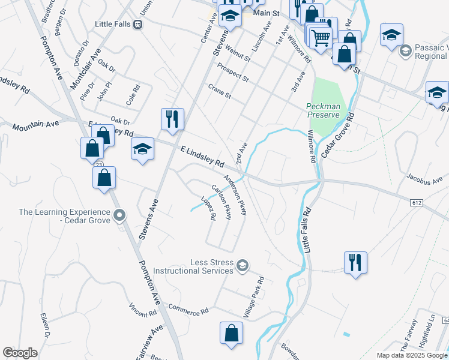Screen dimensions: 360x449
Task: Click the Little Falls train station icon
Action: pos(138,25)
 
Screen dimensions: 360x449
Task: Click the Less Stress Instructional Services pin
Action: pos(243,266)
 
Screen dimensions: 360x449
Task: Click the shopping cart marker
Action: pos(320,37)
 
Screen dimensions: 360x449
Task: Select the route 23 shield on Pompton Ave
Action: pos(98,164)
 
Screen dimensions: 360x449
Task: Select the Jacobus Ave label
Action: pos(424,178)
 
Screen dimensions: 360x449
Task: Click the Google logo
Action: pos(20,353)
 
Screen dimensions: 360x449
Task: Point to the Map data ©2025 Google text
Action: pos(412,355)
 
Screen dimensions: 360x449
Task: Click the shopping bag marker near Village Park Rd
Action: pos(231,334)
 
